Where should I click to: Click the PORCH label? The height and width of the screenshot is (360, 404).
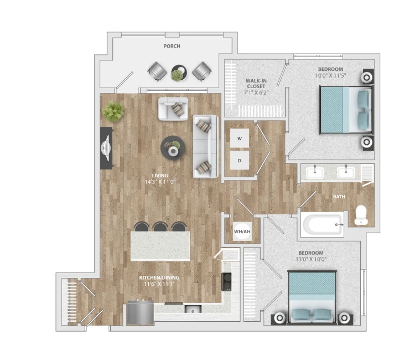click(x=172, y=47)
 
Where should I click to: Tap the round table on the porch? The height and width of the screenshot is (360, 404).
click(x=178, y=72)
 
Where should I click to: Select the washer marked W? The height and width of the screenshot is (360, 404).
click(x=240, y=138)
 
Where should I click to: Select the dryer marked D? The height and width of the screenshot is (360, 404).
click(x=240, y=161)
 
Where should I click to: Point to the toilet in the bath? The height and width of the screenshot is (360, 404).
click(x=361, y=215)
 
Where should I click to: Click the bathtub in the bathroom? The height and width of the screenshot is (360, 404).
click(x=322, y=225)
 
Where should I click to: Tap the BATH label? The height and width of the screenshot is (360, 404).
click(x=339, y=197)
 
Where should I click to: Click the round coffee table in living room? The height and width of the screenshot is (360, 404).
click(x=172, y=148)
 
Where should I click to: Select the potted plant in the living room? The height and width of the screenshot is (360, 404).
click(x=113, y=111)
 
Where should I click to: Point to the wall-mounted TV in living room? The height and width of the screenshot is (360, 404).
click(x=106, y=148)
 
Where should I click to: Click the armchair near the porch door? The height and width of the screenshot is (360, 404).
click(x=173, y=109)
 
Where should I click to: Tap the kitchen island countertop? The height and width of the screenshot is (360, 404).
click(x=160, y=246)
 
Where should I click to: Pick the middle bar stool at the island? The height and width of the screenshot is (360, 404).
click(x=161, y=227)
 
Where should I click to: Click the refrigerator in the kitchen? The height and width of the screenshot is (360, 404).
click(x=139, y=313)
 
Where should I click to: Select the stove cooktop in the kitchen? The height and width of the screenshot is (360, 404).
click(x=226, y=281)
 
